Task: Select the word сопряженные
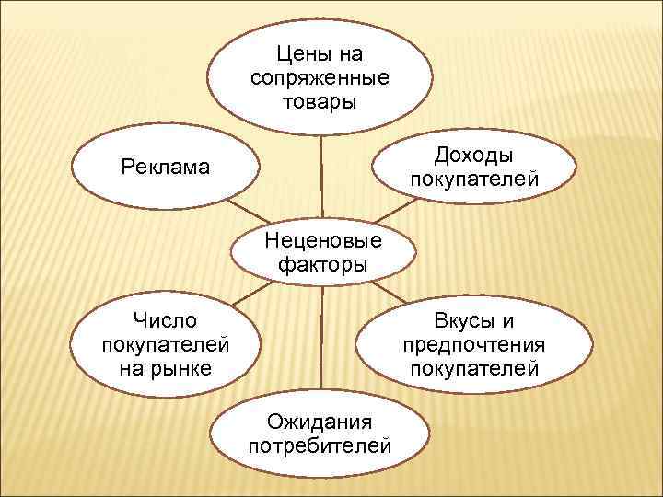pos(320,77)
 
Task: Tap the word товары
pos(320,99)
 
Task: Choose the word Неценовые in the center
pos(321,243)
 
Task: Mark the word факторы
pos(321,265)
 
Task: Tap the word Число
pos(165,321)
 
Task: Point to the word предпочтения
pos(474,345)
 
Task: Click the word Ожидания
pos(320,422)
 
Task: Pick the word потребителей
pos(320,446)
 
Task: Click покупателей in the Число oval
pos(165,345)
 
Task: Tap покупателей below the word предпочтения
pos(474,368)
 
